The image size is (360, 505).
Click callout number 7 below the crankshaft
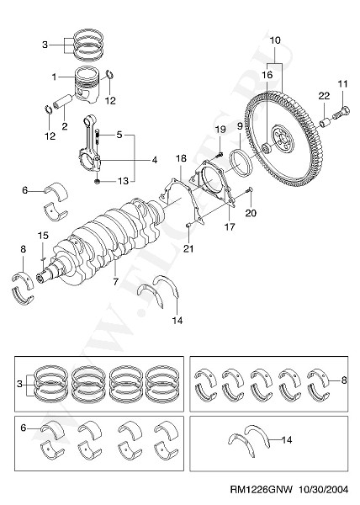pyautogui.click(x=115, y=281)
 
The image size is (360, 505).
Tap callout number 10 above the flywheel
pyautogui.click(x=275, y=40)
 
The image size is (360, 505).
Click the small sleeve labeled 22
pyautogui.click(x=326, y=123)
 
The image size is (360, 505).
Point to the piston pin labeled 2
pyautogui.click(x=63, y=102)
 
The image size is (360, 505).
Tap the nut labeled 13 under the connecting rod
pyautogui.click(x=98, y=182)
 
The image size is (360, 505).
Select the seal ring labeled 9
pyautogui.click(x=241, y=162)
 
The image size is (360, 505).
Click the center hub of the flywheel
pyautogui.click(x=283, y=138)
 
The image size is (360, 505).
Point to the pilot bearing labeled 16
pyautogui.click(x=267, y=149)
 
